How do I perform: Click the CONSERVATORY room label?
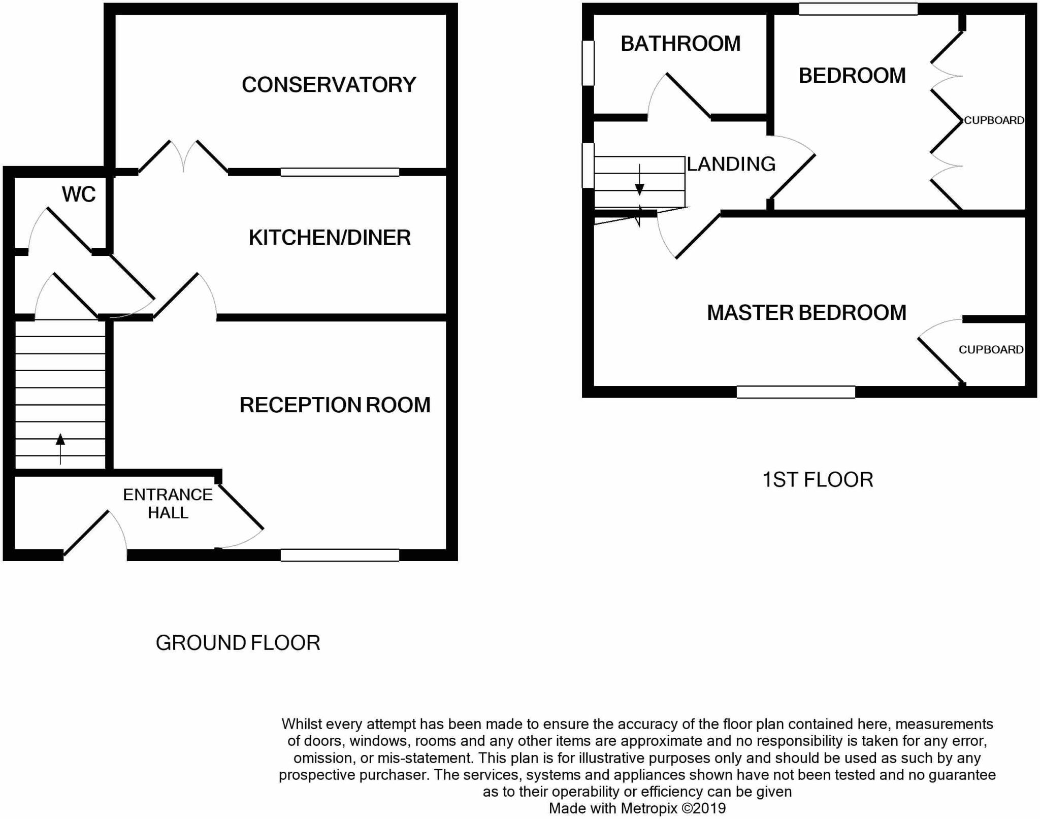(x=329, y=85)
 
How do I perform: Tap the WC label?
(x=79, y=194)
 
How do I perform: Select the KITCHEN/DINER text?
(x=330, y=238)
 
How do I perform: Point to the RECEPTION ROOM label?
(x=335, y=405)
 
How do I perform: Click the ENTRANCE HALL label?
(x=168, y=503)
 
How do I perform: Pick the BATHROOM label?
(x=680, y=44)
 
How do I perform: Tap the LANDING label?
(x=731, y=164)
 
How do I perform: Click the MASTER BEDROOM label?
(x=806, y=313)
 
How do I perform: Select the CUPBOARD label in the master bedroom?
(x=991, y=349)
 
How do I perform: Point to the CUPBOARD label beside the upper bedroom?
(x=994, y=120)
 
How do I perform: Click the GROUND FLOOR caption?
(x=238, y=643)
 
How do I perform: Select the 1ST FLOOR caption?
(x=818, y=480)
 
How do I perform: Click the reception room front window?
(x=340, y=555)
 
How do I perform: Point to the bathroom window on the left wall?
(x=588, y=63)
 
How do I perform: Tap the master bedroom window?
(x=796, y=392)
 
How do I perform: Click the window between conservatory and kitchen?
(x=340, y=172)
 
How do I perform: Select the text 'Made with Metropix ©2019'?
(x=637, y=808)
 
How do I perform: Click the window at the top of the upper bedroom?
(x=858, y=9)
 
